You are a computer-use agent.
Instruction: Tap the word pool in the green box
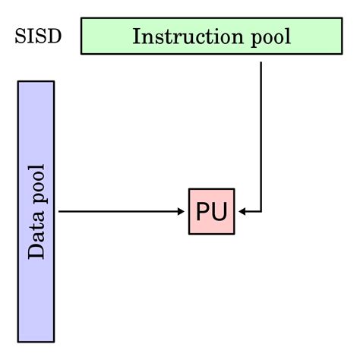pyautogui.click(x=267, y=37)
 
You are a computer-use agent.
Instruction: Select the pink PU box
pyautogui.click(x=211, y=211)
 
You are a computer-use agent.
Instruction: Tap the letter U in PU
pyautogui.click(x=219, y=211)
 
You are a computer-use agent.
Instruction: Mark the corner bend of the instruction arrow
pyautogui.click(x=261, y=211)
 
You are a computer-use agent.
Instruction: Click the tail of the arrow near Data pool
pyautogui.click(x=61, y=211)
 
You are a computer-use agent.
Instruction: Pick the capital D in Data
pyautogui.click(x=36, y=251)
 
